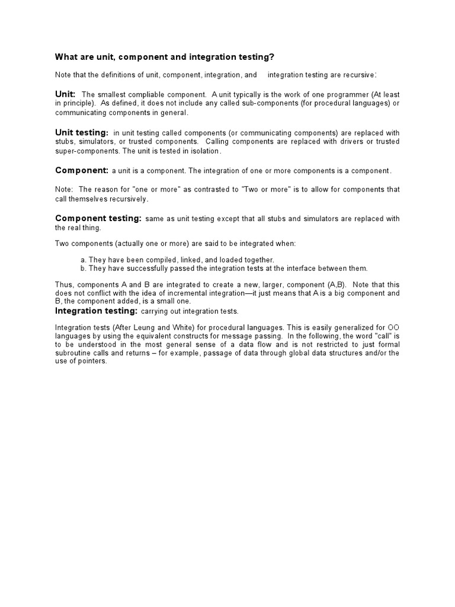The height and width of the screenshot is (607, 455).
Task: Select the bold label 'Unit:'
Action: [x=65, y=94]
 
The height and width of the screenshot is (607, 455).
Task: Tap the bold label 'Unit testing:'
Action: [x=82, y=132]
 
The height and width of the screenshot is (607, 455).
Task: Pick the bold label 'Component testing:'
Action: [x=98, y=218]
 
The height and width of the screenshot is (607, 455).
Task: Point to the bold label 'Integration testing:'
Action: [x=97, y=311]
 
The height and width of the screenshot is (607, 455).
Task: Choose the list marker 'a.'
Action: [x=84, y=260]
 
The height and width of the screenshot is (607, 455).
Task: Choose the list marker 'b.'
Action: [x=84, y=268]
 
